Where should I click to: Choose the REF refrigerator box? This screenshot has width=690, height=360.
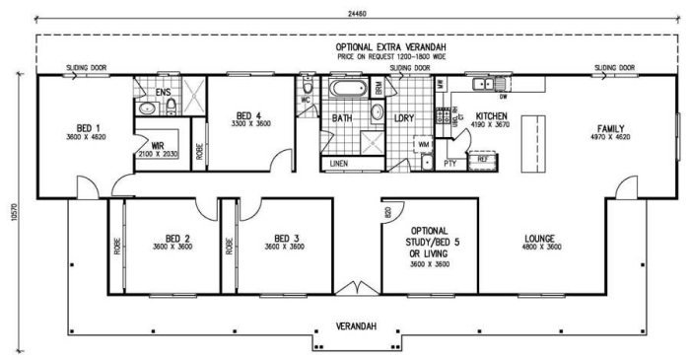click(482, 158)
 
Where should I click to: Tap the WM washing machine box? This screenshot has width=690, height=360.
click(424, 145)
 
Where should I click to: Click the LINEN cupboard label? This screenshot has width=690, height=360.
click(339, 162)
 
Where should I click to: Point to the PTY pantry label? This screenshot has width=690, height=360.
click(449, 163)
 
